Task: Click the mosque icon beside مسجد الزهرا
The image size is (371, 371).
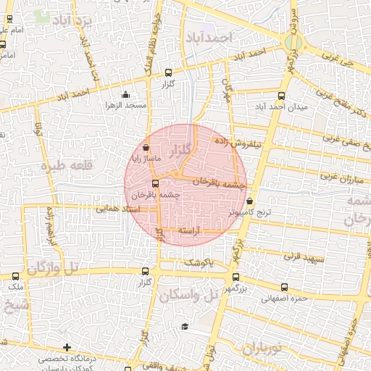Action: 126,94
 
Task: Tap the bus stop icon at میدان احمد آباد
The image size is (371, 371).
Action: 282,95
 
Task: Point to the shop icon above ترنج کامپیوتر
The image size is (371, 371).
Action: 250,201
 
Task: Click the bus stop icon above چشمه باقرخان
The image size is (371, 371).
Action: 155,183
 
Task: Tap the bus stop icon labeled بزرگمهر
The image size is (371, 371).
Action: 235,276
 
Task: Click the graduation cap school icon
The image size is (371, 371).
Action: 185,327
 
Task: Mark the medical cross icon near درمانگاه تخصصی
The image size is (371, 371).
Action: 67,348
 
